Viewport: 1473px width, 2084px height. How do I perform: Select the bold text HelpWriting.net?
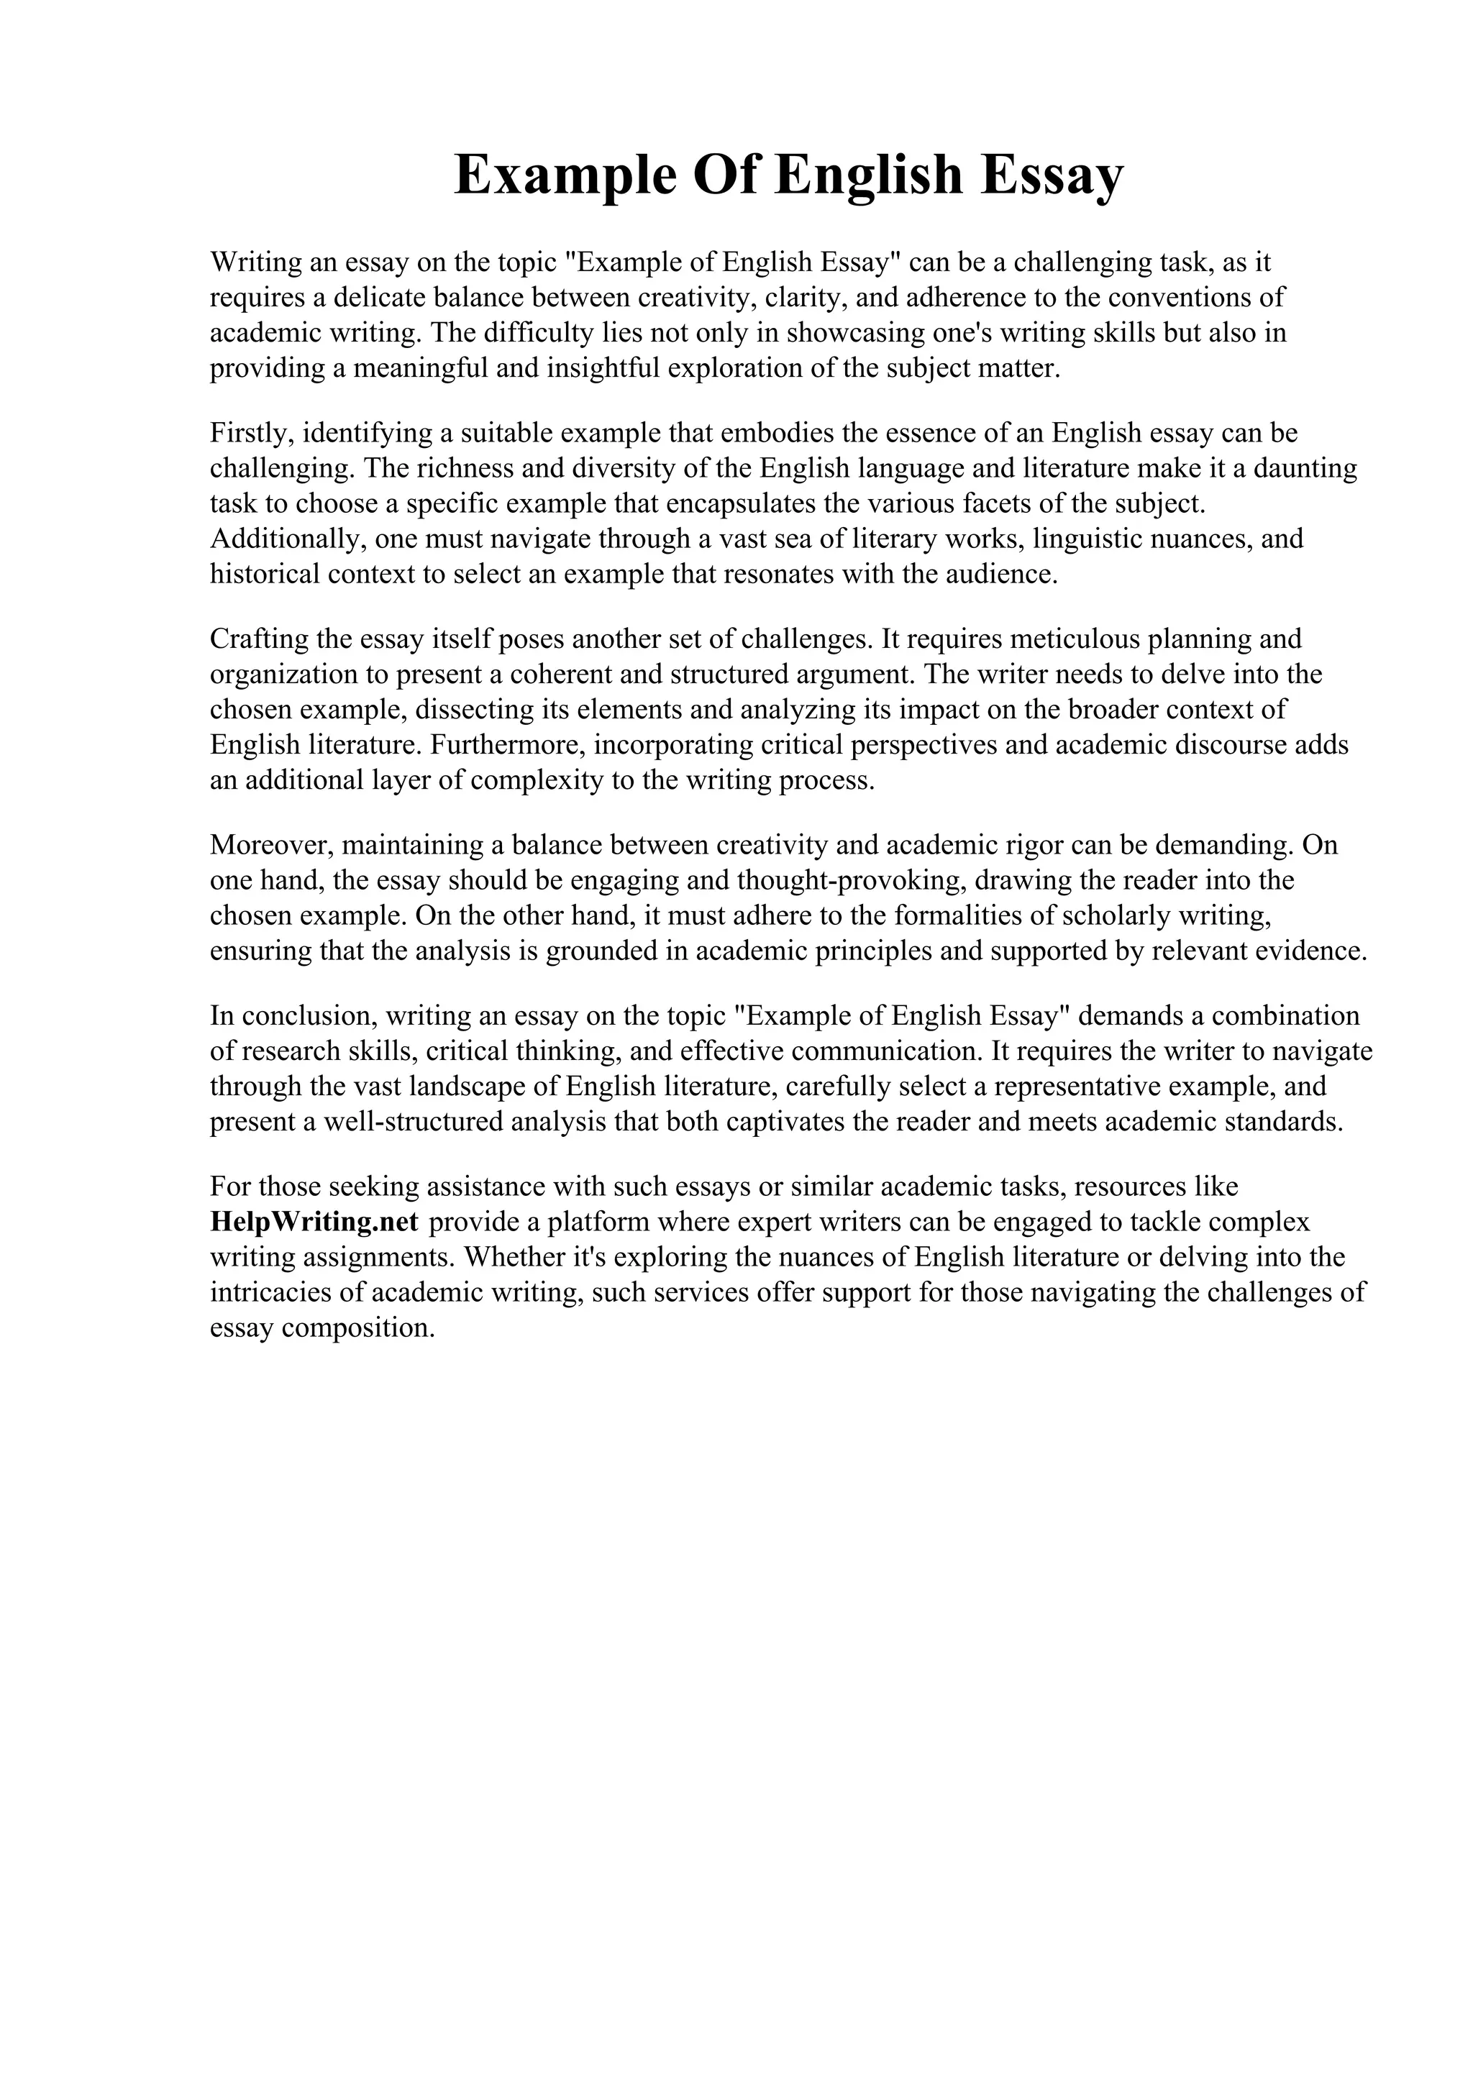[314, 1222]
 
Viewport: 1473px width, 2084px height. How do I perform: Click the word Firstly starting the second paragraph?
[245, 433]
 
